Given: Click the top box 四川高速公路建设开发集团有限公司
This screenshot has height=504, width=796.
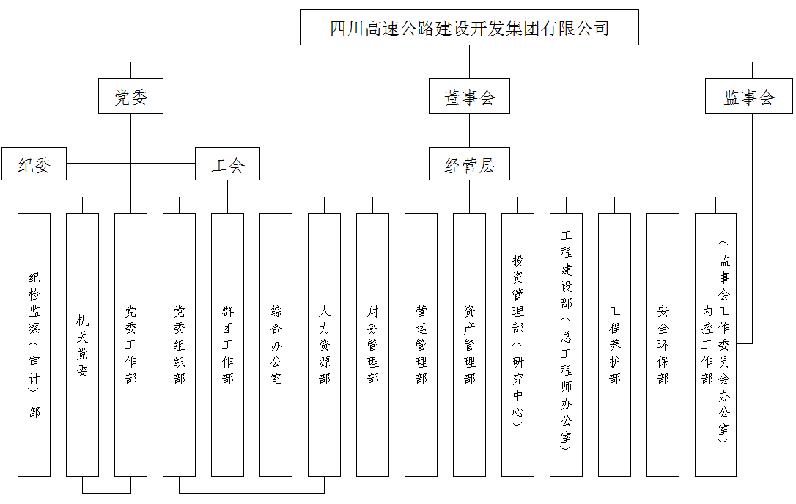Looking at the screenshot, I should pos(469,28).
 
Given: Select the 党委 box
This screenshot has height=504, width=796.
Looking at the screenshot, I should pos(130,97).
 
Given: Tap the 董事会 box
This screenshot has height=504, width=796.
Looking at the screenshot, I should pos(469,97).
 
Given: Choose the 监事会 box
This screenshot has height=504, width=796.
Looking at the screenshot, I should pos(748,97).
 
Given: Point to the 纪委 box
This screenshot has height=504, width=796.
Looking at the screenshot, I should pos(34,164).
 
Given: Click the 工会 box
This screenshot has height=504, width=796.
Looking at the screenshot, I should pos(227,164).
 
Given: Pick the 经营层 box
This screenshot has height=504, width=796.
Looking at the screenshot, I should pos(469,164).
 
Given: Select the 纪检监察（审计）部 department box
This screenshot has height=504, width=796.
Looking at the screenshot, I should pos(34,345).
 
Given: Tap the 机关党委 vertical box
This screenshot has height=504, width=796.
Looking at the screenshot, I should pos(82,345).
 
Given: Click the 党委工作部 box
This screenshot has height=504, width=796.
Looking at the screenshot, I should pos(130,345).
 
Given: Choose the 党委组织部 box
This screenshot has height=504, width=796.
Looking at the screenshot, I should pos(179,345).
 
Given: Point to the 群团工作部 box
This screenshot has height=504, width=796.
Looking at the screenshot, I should pos(227,345).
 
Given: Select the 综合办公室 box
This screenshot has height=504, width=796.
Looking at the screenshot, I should pos(276,345).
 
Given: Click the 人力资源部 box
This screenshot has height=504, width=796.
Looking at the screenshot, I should pos(324,345).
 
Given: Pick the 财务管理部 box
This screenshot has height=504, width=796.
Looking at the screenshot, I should pos(372,345).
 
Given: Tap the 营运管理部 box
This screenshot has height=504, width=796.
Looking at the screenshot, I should pos(421,345).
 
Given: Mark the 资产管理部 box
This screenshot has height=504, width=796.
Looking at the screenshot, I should pos(469,345).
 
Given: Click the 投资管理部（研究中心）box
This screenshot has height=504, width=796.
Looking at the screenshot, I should pos(517,345).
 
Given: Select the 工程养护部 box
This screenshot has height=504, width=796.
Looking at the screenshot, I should pos(614,345).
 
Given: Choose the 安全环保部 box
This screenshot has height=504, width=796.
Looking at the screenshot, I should pos(663,345).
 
